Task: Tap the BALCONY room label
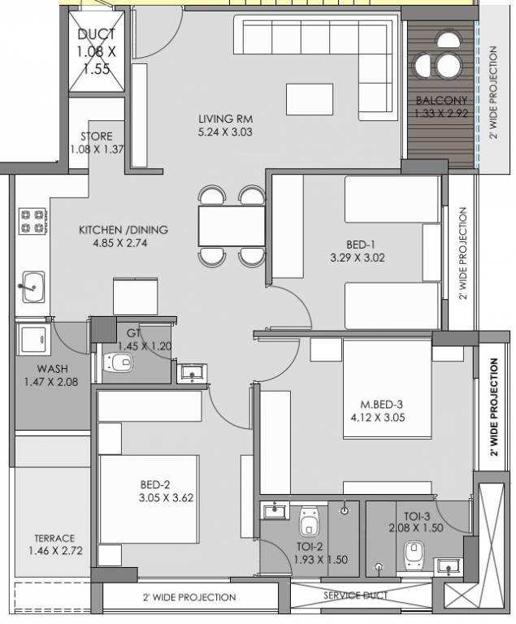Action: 439,101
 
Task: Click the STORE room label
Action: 96,136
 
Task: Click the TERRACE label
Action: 54,538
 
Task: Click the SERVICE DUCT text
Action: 355,596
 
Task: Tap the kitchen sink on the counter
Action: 33,286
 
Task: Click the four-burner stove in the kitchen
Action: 32,220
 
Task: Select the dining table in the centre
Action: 232,225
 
